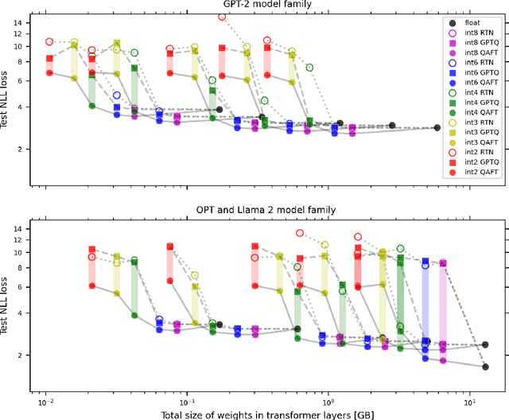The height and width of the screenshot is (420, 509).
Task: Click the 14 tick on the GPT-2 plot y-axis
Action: [17, 23]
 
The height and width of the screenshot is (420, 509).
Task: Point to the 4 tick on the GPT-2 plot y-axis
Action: [21, 107]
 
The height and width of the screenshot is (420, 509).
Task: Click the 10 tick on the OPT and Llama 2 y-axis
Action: [17, 251]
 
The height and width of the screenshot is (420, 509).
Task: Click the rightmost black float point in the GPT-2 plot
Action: [436, 128]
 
